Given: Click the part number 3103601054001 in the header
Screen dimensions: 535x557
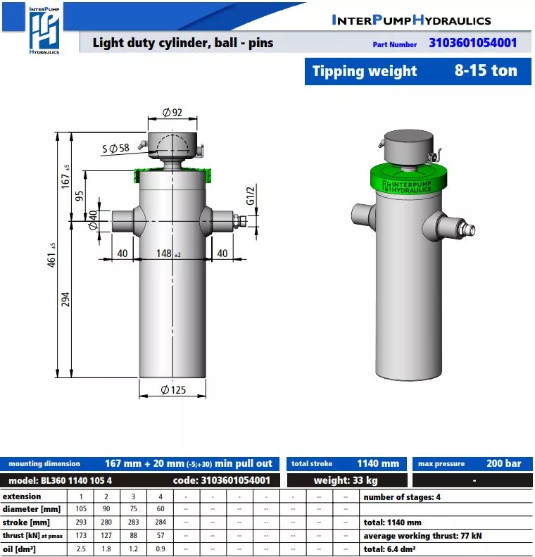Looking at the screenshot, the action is [472, 43].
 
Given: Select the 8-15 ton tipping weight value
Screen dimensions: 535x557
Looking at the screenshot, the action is [486, 70].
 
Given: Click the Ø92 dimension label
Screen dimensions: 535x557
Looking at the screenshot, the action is [172, 112].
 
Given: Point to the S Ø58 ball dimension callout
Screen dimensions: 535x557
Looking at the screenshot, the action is [115, 148].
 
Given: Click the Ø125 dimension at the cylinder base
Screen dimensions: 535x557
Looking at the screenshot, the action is [173, 389].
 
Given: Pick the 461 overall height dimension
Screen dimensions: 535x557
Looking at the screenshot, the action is [52, 256].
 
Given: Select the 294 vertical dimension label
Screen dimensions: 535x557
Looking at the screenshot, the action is [65, 299].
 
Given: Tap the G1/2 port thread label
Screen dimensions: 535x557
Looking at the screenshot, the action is [251, 196].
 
